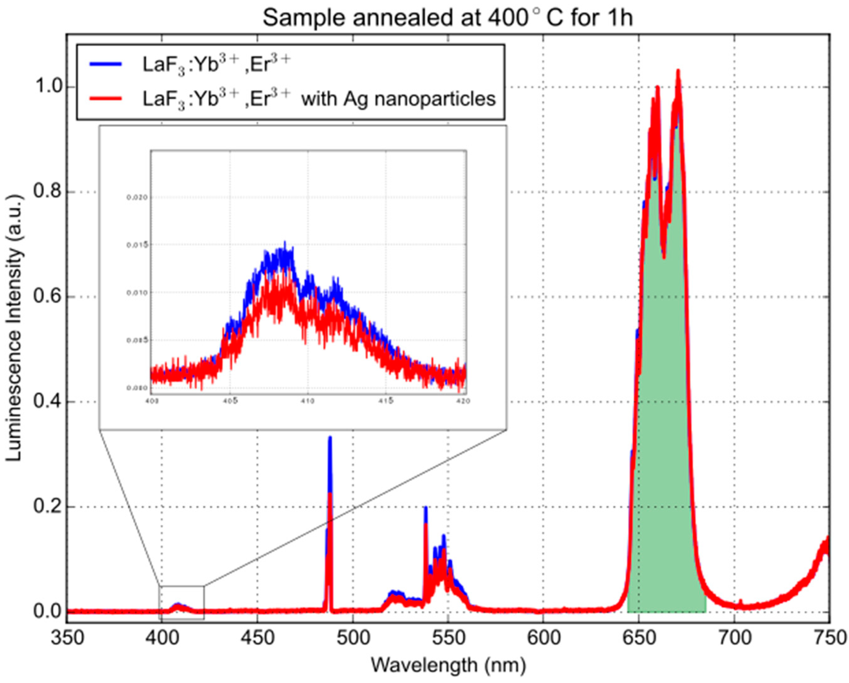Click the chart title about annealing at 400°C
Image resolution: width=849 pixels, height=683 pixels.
[x=447, y=18]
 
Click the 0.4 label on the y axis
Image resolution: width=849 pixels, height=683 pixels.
[x=46, y=402]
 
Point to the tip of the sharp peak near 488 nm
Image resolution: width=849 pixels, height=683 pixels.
[x=330, y=438]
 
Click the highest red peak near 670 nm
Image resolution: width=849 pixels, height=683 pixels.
[x=678, y=71]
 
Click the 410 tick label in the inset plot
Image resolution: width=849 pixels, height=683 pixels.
[x=308, y=401]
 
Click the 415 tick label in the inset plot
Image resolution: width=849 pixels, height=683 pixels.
[x=386, y=401]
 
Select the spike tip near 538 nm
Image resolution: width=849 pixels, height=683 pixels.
[x=426, y=508]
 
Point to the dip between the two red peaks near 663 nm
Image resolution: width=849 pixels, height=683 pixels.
[x=664, y=258]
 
